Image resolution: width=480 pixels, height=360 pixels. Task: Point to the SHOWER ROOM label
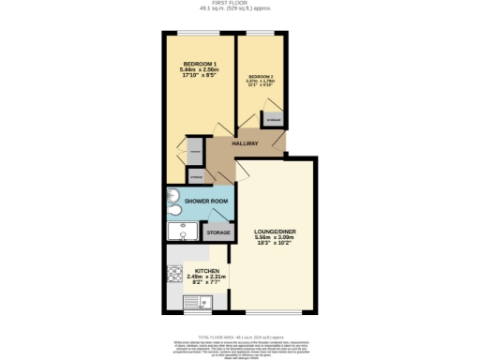click(206, 202)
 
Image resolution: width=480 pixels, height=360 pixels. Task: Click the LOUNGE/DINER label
click(275, 231)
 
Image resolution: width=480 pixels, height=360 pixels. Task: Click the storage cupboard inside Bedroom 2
click(274, 120)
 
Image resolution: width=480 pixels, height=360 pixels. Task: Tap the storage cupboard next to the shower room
click(217, 232)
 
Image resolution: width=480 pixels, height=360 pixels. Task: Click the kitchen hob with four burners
click(174, 274)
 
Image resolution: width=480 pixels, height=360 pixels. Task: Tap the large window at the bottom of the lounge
click(275, 312)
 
